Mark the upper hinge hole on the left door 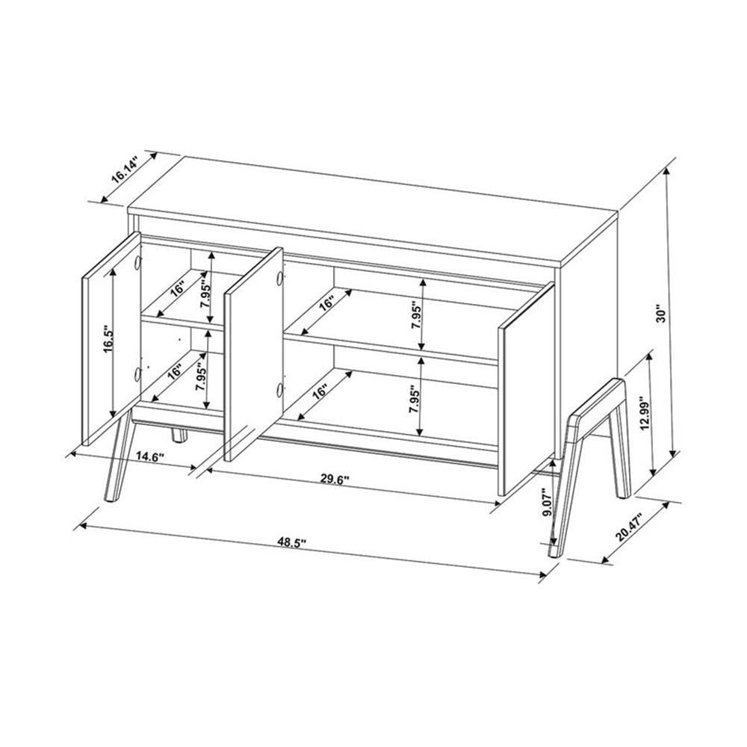(139, 262)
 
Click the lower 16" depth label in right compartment (321, 394)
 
